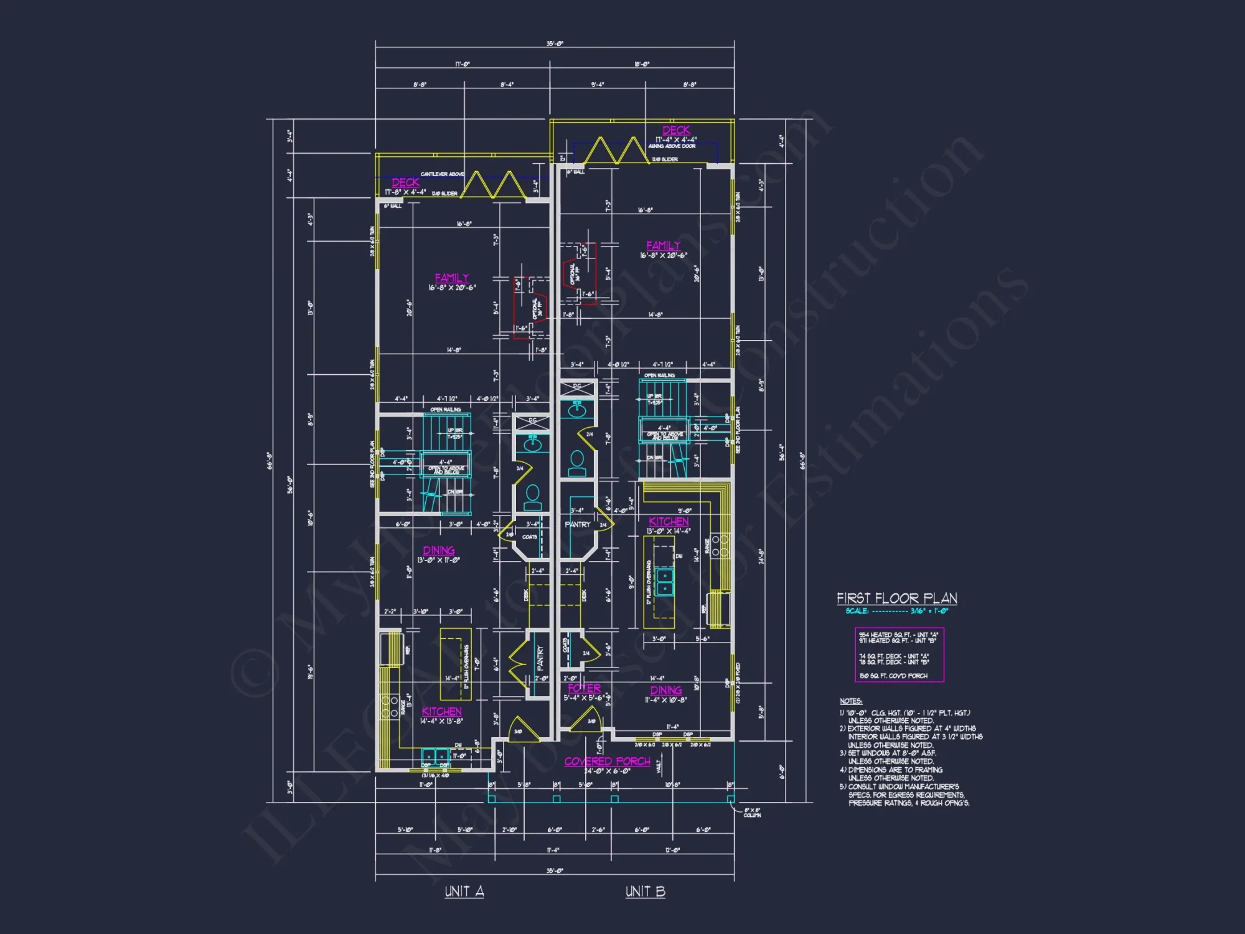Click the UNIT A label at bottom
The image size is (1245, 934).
pos(464,892)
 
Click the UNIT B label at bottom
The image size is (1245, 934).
pos(645,892)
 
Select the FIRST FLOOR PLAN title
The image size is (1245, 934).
pos(896,598)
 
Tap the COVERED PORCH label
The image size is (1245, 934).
pos(607,762)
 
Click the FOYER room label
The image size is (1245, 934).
pos(584,688)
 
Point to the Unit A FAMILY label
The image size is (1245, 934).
pos(452,278)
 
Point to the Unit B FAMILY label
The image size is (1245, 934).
pos(664,245)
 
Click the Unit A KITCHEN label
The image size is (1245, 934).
pos(441,711)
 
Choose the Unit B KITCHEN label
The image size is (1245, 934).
pos(669,522)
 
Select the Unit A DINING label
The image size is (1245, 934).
pos(439,550)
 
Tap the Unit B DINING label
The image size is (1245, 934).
pos(666,690)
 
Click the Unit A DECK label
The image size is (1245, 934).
pos(405,182)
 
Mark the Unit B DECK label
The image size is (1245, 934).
pos(676,130)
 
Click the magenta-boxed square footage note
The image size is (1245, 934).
pos(899,654)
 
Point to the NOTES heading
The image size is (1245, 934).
pos(850,701)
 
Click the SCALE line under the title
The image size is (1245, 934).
pos(896,611)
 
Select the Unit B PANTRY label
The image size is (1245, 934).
pos(577,524)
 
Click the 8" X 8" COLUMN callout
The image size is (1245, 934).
pos(752,813)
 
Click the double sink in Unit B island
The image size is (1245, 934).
pos(665,582)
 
